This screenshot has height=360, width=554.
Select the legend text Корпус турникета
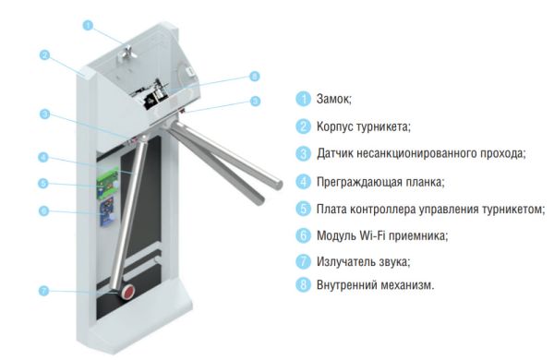363,126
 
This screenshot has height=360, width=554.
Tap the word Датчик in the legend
336,153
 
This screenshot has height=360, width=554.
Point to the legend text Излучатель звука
363,262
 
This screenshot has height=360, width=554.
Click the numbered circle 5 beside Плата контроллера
302,209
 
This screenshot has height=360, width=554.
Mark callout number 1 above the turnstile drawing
87,25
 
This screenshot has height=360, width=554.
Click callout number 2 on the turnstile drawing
43,54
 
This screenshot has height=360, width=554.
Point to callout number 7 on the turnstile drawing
42,291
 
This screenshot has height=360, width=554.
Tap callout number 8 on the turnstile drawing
254,77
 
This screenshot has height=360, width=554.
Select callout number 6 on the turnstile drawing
42,210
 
